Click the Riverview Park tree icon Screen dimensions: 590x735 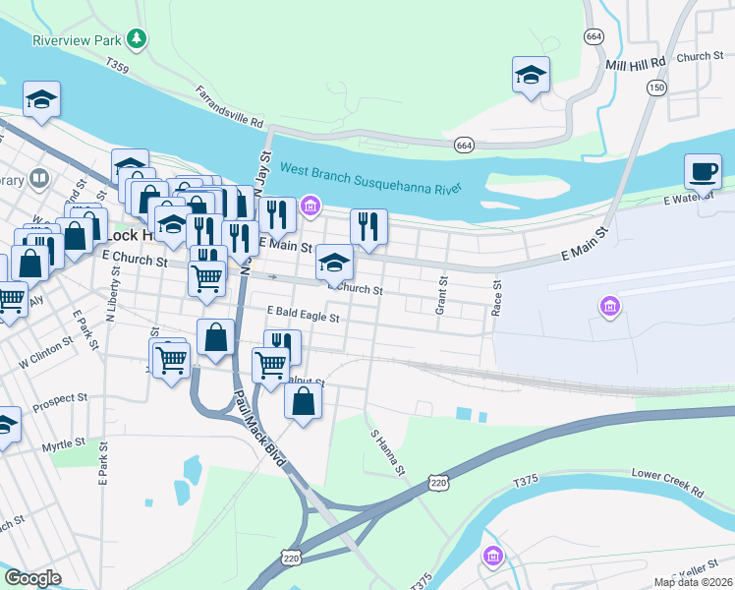click(138, 39)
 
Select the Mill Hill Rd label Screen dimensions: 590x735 click(636, 62)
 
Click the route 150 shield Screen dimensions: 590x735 click(654, 88)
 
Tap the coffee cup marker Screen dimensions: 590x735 click(703, 172)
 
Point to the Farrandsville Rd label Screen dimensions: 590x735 click(230, 109)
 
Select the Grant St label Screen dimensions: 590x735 click(443, 295)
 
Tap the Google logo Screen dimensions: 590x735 click(32, 578)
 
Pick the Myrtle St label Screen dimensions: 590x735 click(63, 447)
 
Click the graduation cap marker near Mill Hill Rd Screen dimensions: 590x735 click(531, 76)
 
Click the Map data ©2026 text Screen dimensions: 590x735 click(693, 582)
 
